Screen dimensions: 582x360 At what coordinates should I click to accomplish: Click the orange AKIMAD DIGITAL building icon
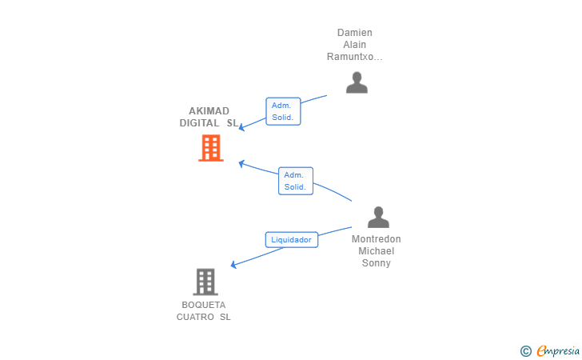click(x=211, y=148)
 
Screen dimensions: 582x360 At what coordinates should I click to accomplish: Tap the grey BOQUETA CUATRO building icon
click(x=205, y=282)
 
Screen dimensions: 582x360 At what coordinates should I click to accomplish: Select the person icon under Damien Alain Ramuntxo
click(x=357, y=82)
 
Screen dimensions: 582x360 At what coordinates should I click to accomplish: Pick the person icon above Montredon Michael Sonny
click(x=378, y=217)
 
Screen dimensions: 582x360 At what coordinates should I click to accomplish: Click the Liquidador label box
click(x=291, y=240)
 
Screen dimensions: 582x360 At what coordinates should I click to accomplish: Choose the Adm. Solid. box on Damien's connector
click(x=283, y=111)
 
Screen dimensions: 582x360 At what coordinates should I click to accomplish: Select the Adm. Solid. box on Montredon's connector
click(x=296, y=181)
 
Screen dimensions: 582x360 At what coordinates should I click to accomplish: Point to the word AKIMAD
click(x=209, y=111)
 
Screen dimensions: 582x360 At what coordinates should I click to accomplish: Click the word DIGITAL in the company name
click(x=199, y=123)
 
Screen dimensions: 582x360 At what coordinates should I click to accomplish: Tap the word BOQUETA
click(x=203, y=305)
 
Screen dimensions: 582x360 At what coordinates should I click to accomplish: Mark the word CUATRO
click(x=195, y=317)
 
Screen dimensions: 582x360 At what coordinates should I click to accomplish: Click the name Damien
click(x=354, y=33)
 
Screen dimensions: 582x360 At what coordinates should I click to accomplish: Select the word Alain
click(x=354, y=45)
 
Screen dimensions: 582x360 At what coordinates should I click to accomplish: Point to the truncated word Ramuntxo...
click(x=354, y=57)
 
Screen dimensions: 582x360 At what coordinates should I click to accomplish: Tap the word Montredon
click(x=376, y=239)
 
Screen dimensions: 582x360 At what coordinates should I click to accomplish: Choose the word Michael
click(x=376, y=251)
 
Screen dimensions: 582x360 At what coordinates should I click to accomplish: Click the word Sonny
click(x=376, y=263)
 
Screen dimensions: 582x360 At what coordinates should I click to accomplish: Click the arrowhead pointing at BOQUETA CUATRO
click(x=233, y=264)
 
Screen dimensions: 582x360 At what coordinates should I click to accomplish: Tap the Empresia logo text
click(x=558, y=350)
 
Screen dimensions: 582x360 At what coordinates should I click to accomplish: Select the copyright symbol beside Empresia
click(x=526, y=351)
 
